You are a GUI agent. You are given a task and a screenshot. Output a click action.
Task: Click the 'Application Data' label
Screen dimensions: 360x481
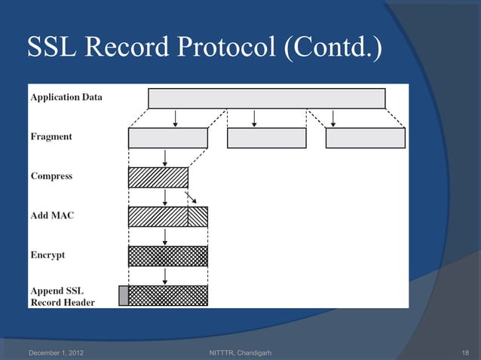point(66,97)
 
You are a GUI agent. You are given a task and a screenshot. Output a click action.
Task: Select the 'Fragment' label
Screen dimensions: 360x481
point(51,136)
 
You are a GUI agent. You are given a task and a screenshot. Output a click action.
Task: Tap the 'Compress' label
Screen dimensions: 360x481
point(51,176)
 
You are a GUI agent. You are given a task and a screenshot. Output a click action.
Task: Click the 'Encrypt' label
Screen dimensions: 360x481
point(47,255)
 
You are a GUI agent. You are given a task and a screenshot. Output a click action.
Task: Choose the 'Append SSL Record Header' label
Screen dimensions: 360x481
point(63,296)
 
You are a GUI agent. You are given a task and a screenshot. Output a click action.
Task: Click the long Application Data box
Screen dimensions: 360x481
point(266,98)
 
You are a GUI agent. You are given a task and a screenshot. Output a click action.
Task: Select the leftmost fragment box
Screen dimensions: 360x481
point(167,138)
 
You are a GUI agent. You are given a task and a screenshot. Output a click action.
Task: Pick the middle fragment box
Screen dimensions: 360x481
point(266,138)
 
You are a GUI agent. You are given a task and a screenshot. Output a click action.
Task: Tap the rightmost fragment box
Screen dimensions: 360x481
point(365,138)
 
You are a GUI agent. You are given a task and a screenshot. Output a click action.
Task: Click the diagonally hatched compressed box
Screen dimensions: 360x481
point(158,177)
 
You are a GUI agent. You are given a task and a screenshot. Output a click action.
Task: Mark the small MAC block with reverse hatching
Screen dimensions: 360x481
point(198,217)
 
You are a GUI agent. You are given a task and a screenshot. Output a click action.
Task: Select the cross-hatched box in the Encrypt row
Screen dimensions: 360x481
point(167,256)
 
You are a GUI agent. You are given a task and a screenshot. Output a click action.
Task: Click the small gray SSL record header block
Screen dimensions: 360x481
point(124,295)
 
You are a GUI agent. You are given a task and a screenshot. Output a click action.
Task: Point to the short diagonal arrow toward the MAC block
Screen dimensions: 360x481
point(192,197)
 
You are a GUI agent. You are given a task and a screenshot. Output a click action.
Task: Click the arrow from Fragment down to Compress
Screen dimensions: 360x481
point(164,157)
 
